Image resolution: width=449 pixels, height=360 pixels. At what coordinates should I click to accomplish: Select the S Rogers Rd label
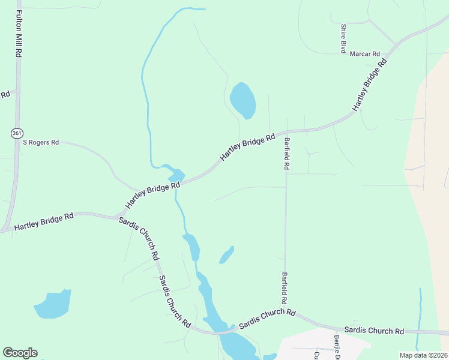click(41, 142)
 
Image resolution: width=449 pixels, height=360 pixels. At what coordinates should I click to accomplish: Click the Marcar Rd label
click(364, 53)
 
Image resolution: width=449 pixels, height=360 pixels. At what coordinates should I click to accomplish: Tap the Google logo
click(20, 353)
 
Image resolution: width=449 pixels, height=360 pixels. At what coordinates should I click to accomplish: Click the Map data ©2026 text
click(424, 355)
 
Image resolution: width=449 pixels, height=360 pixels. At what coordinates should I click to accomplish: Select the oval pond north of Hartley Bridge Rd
click(243, 100)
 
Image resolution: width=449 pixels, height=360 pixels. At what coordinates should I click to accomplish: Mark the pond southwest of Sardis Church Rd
click(53, 304)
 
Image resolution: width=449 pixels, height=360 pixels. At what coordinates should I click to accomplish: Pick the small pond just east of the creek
click(226, 256)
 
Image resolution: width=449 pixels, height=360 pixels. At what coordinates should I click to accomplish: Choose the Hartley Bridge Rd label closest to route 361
click(43, 221)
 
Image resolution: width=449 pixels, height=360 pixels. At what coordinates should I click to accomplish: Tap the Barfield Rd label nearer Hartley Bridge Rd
click(287, 154)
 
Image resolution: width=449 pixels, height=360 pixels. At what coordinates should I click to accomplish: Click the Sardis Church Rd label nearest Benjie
click(373, 331)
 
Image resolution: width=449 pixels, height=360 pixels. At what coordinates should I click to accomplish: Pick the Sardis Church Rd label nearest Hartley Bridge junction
click(139, 238)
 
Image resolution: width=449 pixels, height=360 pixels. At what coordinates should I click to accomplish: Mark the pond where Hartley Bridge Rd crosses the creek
click(175, 175)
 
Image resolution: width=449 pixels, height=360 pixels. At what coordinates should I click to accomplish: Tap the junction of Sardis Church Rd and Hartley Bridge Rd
click(113, 216)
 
